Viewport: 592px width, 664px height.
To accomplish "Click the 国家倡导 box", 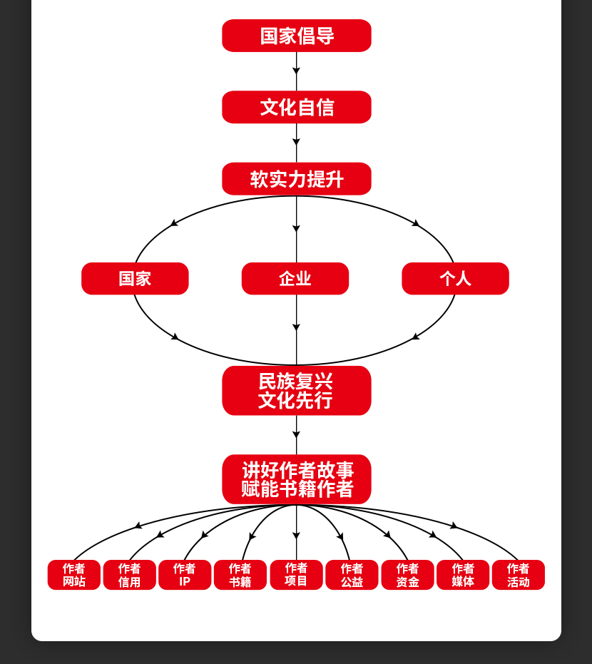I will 296,36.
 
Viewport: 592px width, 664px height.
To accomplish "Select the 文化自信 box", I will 296,107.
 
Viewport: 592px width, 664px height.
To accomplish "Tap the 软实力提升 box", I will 296,179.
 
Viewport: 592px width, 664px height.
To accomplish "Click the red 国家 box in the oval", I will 135,278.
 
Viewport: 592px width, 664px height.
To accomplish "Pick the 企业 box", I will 295,278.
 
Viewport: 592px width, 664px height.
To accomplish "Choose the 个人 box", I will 455,278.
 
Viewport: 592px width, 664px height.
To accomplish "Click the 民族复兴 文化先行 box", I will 296,390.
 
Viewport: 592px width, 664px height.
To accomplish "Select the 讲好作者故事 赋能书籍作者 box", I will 296,479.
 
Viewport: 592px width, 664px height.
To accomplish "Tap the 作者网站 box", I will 74,575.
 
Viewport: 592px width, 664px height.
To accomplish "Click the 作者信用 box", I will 129,575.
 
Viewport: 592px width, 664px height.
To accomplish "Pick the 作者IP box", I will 185,575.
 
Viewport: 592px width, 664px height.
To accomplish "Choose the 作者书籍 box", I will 240,575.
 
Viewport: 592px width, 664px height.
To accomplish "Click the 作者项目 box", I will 296,575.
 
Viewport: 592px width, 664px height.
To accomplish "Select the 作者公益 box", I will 352,575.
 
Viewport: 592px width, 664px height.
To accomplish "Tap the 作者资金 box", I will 407,575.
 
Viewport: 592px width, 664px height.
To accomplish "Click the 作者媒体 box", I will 463,575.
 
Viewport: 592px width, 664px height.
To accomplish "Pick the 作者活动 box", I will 519,575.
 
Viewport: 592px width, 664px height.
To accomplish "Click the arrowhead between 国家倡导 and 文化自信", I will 296,71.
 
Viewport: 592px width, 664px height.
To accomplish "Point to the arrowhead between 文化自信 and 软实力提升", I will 296,142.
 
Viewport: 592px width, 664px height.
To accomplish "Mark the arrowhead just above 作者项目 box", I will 296,535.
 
